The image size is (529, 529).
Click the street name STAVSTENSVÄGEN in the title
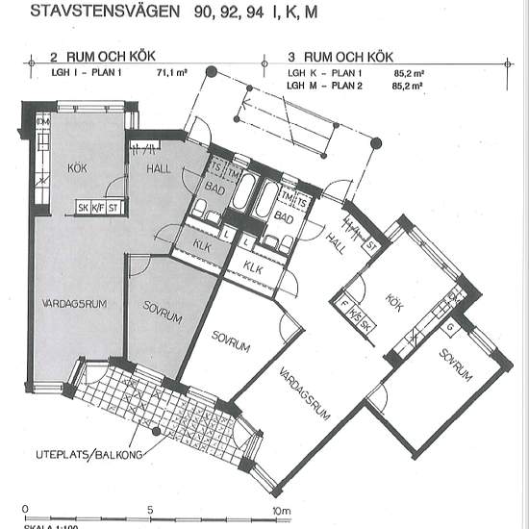[x=106, y=13]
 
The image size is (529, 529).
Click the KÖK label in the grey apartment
[x=77, y=168]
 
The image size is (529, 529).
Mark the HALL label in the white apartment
[x=336, y=238]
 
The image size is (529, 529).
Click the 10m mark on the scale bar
[x=280, y=509]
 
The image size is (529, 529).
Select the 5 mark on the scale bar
[x=151, y=509]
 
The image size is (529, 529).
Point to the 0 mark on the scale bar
[x=26, y=509]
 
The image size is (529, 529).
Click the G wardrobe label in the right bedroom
[x=449, y=327]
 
